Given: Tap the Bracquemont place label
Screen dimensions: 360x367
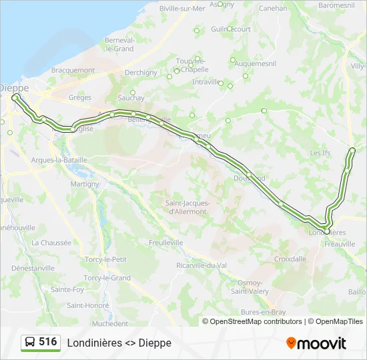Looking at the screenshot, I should [73, 70].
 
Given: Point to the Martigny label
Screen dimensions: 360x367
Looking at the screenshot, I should [85, 184].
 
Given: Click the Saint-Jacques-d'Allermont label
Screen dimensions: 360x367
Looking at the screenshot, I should [188, 207].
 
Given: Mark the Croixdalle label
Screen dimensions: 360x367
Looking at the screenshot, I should [290, 259].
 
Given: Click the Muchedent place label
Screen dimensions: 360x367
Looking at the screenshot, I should [110, 324].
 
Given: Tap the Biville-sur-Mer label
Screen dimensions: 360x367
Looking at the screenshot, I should [182, 9].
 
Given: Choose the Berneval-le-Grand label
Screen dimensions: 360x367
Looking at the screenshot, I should [115, 44].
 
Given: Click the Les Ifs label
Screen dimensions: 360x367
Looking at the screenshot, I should [320, 153].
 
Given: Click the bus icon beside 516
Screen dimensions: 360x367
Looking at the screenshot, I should [30, 342].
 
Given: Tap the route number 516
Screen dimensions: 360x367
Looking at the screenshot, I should [47, 342].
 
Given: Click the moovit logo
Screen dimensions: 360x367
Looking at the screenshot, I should [316, 343].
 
